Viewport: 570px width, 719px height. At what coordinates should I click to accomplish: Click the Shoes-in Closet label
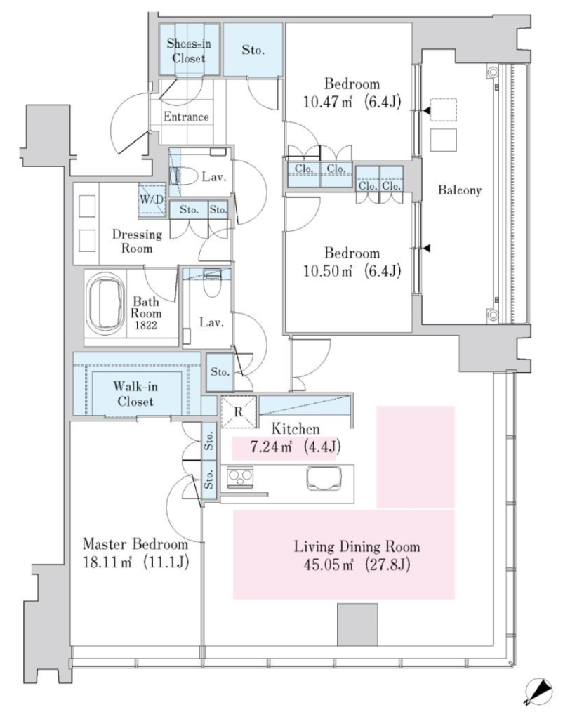(x=188, y=51)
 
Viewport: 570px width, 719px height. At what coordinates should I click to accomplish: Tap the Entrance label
(x=186, y=117)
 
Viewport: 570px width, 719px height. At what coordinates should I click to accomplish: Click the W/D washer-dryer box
(x=152, y=199)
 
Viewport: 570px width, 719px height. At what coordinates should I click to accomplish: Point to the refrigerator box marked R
(x=238, y=411)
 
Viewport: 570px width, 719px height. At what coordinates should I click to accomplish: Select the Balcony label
(x=460, y=190)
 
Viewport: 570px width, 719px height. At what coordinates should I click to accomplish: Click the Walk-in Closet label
(x=135, y=394)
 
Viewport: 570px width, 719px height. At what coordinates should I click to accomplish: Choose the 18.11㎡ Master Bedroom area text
(x=135, y=562)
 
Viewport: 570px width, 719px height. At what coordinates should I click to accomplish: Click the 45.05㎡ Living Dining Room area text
(x=357, y=565)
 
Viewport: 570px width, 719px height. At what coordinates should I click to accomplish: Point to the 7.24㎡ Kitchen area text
(x=296, y=446)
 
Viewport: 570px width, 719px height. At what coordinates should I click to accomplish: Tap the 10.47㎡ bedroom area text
(x=352, y=101)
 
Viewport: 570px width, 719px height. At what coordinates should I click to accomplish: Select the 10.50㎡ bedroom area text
(x=352, y=270)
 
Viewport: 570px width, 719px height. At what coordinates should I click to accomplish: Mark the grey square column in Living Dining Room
(x=357, y=624)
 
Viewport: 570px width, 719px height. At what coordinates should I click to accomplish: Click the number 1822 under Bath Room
(x=146, y=326)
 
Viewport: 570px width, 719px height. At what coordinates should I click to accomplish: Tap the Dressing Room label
(x=137, y=242)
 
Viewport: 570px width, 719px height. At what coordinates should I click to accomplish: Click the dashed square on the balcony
(x=444, y=110)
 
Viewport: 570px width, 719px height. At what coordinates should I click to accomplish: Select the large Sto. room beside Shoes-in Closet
(x=253, y=49)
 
